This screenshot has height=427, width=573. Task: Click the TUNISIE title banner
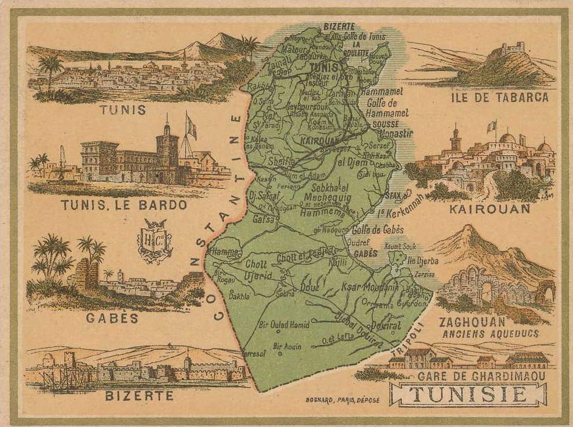click(469, 395)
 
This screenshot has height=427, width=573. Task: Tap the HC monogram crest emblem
click(155, 240)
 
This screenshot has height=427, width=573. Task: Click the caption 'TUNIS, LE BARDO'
click(124, 205)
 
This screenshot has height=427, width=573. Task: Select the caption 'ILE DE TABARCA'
click(499, 97)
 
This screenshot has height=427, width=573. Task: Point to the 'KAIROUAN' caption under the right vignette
click(490, 209)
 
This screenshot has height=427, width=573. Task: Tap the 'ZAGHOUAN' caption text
click(472, 322)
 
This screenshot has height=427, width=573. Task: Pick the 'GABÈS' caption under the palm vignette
click(112, 318)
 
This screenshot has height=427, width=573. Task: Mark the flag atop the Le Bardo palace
click(191, 126)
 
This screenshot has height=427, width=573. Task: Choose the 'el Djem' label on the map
click(349, 162)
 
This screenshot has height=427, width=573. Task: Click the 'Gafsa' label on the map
click(264, 218)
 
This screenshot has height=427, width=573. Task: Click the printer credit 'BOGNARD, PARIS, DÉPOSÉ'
click(340, 400)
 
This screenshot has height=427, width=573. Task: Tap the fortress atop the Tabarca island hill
click(512, 48)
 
